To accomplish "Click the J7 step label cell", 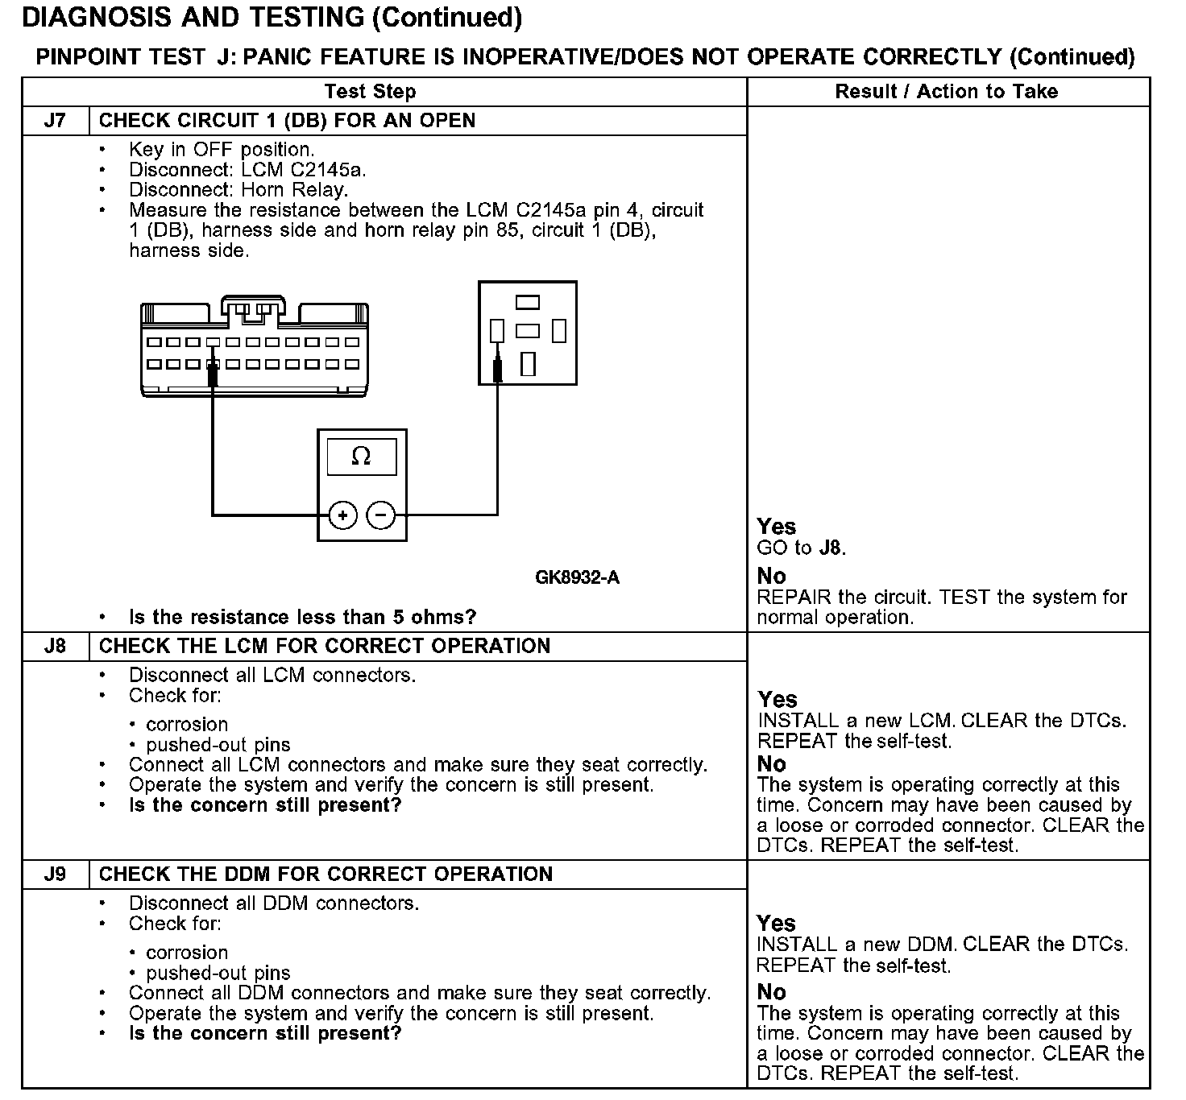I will (x=55, y=121).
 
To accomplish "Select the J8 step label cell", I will (x=55, y=647).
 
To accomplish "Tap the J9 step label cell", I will (x=55, y=875).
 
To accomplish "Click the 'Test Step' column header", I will (x=370, y=92).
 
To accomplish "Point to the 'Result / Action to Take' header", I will (x=946, y=92).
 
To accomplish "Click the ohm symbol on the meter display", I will (x=362, y=457).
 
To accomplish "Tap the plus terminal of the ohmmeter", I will (x=343, y=515).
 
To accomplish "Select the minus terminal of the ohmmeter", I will (x=381, y=515).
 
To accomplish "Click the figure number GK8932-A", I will (x=577, y=577).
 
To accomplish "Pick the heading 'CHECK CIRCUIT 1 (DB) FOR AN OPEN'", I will (x=287, y=121).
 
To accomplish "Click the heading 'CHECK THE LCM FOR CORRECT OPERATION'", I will (x=324, y=647).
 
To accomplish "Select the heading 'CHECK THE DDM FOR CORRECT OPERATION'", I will (x=326, y=875).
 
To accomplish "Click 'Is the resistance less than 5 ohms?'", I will (x=302, y=618).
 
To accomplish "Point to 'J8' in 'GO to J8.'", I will (x=830, y=548).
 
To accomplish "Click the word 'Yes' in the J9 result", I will (x=776, y=923).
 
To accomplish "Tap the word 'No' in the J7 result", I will (x=771, y=576).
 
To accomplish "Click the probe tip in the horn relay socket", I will (x=497, y=370).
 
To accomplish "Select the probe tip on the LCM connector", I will (x=213, y=374).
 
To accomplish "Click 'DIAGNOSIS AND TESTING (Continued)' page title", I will (x=272, y=18).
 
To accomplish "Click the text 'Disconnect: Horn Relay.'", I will (x=238, y=190).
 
